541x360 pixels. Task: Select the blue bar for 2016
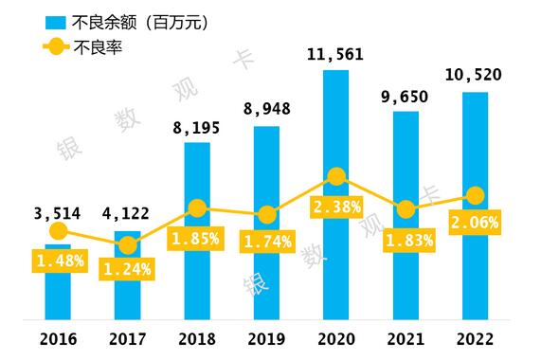[58, 294]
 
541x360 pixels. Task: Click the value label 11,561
[336, 56]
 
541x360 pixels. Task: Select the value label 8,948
[267, 107]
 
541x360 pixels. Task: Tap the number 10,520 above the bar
[476, 74]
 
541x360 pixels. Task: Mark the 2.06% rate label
[476, 225]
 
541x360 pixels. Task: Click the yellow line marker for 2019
[267, 215]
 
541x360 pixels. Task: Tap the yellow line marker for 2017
[127, 246]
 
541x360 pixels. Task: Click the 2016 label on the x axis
[58, 339]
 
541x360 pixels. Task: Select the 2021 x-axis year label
[406, 339]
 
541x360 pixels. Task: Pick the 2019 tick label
[267, 339]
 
